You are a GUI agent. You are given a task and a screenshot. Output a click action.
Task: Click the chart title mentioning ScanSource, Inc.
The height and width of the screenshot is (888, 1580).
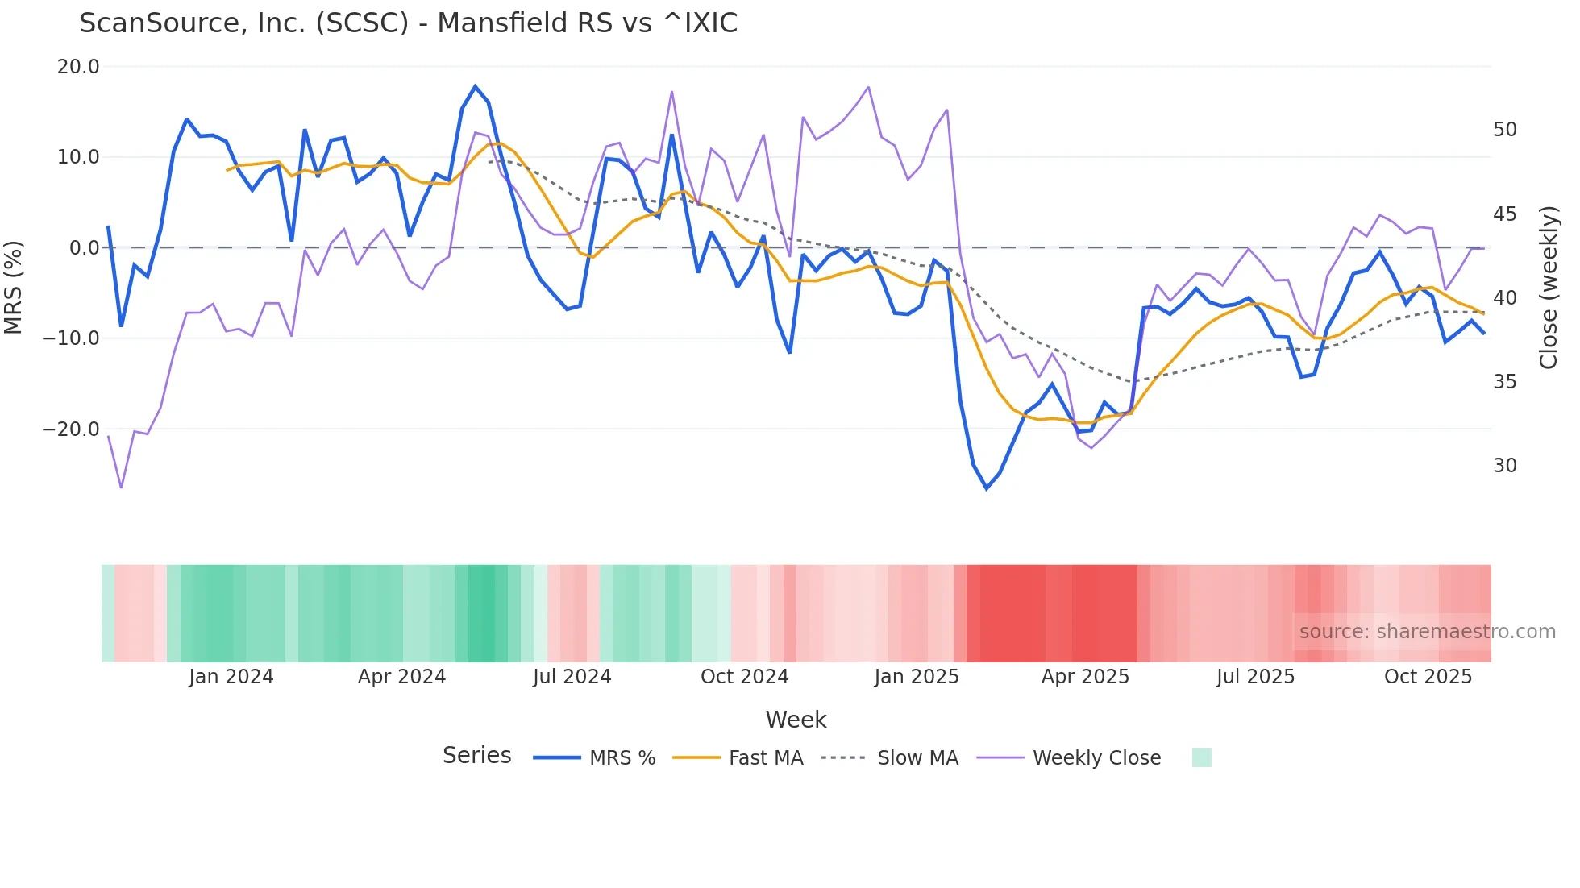pyautogui.click(x=408, y=23)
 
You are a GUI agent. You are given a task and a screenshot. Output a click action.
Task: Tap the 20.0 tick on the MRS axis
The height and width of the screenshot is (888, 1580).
pyautogui.click(x=78, y=67)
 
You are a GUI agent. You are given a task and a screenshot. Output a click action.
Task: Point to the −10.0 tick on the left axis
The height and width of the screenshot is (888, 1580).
pyautogui.click(x=71, y=338)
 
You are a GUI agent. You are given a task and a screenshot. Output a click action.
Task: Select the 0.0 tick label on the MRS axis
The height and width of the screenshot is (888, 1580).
pyautogui.click(x=84, y=248)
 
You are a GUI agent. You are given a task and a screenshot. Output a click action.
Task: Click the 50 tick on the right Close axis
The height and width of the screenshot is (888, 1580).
pyautogui.click(x=1504, y=130)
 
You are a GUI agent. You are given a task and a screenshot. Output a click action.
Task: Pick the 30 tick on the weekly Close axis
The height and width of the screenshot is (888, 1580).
pyautogui.click(x=1504, y=466)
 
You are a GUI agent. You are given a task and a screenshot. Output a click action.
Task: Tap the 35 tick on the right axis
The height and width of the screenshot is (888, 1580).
pyautogui.click(x=1504, y=382)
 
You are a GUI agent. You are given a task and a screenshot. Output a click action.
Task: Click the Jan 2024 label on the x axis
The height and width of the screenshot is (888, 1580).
pyautogui.click(x=231, y=677)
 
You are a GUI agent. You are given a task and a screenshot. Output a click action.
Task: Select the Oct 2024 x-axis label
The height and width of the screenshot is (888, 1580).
pyautogui.click(x=744, y=677)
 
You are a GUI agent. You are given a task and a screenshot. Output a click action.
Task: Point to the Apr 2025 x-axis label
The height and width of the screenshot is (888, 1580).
pyautogui.click(x=1085, y=677)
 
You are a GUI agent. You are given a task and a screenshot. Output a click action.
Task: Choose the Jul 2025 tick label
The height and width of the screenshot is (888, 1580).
pyautogui.click(x=1255, y=677)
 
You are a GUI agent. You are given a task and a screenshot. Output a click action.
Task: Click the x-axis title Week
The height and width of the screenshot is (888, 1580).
pyautogui.click(x=796, y=720)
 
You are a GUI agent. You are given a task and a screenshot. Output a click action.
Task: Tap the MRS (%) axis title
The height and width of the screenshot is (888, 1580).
pyautogui.click(x=14, y=287)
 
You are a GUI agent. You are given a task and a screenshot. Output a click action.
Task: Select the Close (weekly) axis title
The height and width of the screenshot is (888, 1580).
pyautogui.click(x=1549, y=287)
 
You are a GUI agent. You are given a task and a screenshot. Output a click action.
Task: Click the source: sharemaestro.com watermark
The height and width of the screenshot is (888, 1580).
pyautogui.click(x=1427, y=632)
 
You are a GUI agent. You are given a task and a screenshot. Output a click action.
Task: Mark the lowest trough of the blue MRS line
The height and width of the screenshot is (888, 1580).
pyautogui.click(x=987, y=488)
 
